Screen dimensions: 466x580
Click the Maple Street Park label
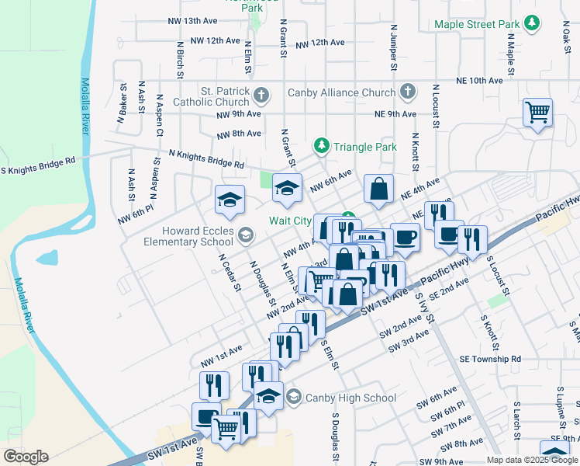(476, 24)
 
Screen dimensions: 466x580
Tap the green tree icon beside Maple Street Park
(531, 23)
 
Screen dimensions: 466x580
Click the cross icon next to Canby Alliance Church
(408, 92)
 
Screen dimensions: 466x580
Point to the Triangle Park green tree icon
(322, 146)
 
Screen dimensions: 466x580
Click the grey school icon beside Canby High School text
(293, 398)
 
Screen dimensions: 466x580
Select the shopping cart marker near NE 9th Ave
(537, 113)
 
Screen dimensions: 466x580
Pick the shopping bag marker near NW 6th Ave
(378, 190)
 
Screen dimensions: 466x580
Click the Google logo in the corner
(26, 457)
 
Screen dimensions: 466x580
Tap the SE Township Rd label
(489, 360)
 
